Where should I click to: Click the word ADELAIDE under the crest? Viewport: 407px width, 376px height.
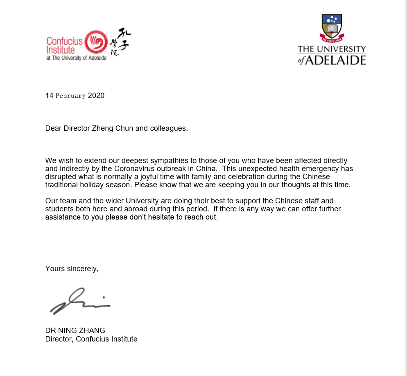[x=336, y=60]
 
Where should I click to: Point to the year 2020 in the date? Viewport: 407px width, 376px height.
[x=96, y=96]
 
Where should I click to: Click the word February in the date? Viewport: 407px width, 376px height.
[x=71, y=96]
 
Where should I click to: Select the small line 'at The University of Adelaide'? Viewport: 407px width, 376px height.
[x=76, y=58]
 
